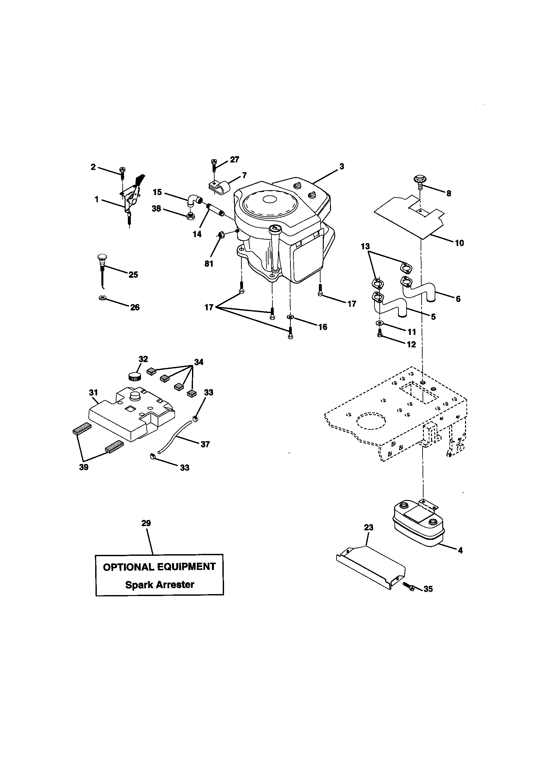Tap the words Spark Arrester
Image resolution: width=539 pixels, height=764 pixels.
pyautogui.click(x=160, y=584)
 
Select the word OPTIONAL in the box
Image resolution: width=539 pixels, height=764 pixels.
pyautogui.click(x=128, y=567)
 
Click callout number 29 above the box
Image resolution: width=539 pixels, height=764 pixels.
pyautogui.click(x=146, y=523)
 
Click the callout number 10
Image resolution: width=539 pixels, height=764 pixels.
pyautogui.click(x=459, y=243)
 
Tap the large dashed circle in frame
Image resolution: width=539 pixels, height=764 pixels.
pyautogui.click(x=372, y=421)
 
